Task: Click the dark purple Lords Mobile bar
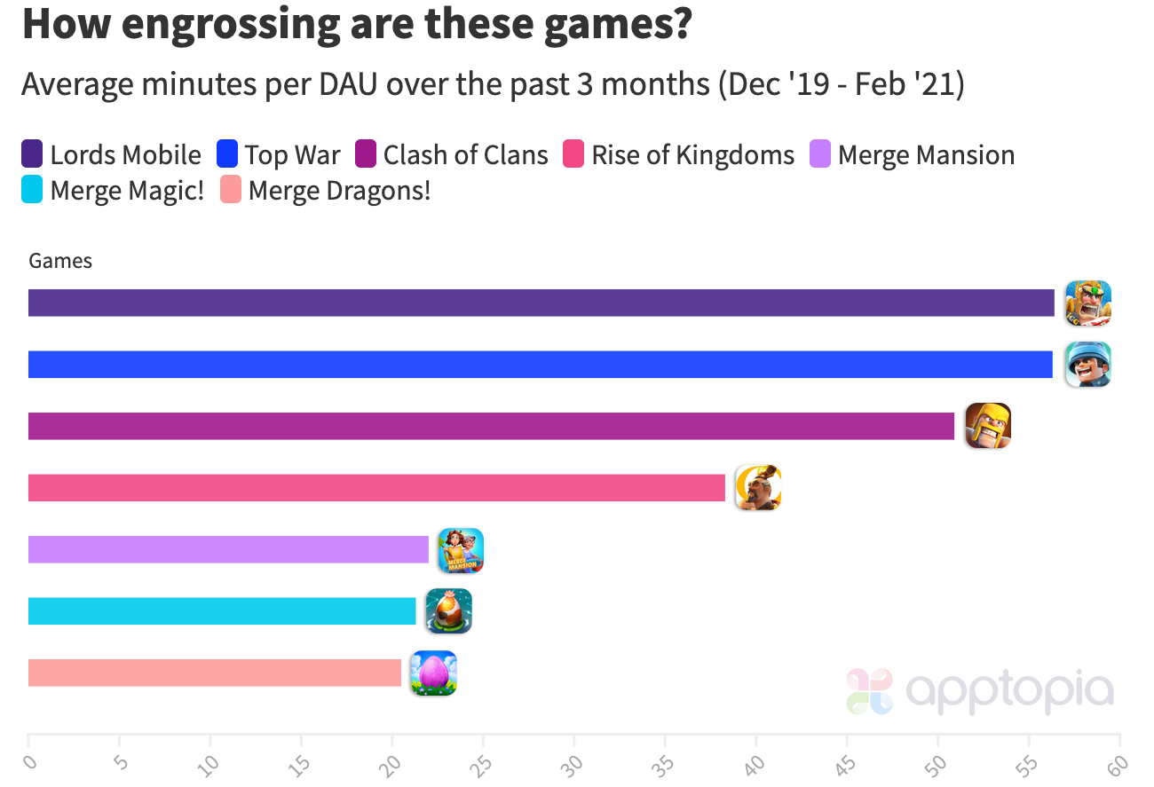point(541,303)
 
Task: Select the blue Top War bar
point(540,365)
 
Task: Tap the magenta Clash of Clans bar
point(491,426)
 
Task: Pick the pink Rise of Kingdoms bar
point(376,488)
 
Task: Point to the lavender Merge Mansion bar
point(228,549)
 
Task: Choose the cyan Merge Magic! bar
point(222,611)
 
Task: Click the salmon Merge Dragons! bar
point(215,673)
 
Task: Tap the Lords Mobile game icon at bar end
point(1087,303)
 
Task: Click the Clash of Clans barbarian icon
point(988,426)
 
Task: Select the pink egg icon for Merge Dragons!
point(433,673)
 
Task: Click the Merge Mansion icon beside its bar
point(461,550)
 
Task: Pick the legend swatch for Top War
point(228,155)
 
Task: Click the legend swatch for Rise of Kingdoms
point(573,155)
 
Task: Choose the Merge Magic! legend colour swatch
point(33,191)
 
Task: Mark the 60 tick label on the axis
point(1118,763)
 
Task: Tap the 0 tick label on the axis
point(30,763)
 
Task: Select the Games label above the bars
point(60,261)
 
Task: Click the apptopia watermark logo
point(980,691)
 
